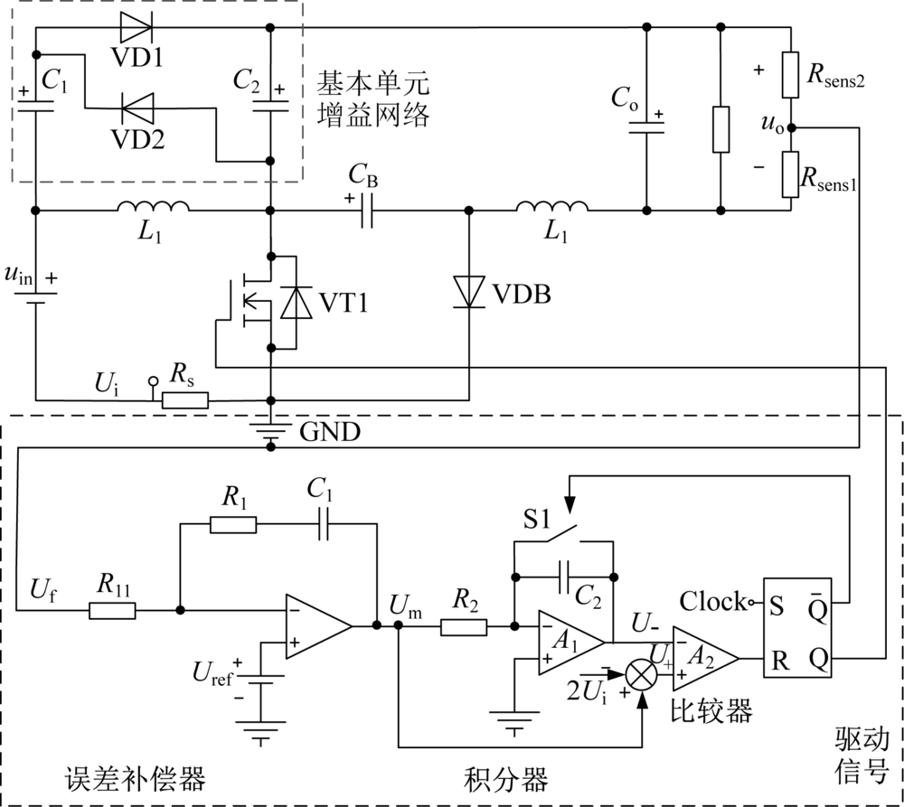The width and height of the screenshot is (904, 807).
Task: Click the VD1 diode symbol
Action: click(137, 27)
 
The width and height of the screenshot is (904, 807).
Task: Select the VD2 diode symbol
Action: click(137, 108)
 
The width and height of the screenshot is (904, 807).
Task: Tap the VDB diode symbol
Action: click(468, 292)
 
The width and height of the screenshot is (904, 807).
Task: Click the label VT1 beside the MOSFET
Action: click(344, 302)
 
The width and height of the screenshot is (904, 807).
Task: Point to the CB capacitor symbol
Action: click(367, 211)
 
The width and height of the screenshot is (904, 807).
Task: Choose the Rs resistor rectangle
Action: click(185, 400)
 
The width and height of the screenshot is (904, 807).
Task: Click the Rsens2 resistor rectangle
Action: click(790, 75)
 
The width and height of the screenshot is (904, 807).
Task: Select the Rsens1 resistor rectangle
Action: click(790, 174)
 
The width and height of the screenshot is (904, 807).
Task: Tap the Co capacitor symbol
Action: click(646, 127)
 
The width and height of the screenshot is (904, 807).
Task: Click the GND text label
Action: click(330, 432)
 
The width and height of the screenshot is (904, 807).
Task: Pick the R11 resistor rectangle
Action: click(112, 610)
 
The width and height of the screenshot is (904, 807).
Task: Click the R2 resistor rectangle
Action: click(464, 627)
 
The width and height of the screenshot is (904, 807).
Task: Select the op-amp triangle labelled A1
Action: click(570, 643)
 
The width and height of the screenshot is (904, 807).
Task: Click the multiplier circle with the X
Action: click(642, 675)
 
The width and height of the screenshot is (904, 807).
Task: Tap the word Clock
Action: click(712, 602)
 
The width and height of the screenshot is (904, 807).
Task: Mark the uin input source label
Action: click(19, 275)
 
